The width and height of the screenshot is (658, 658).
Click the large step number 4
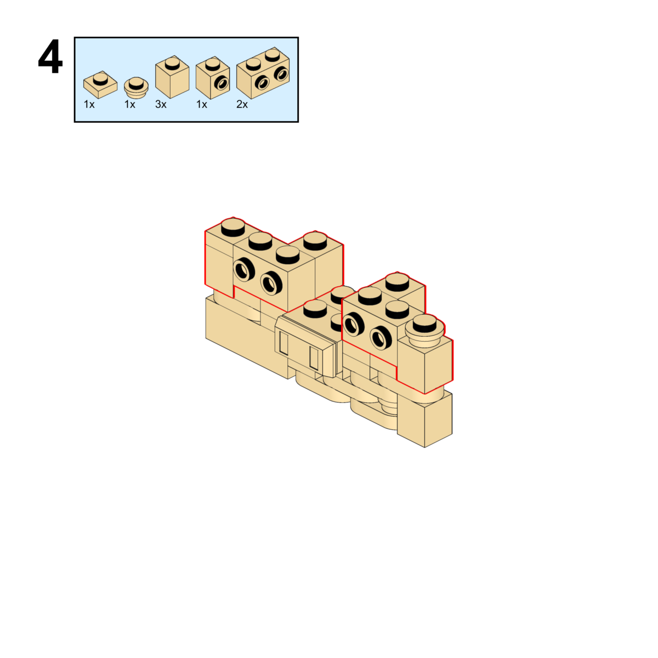coord(50,58)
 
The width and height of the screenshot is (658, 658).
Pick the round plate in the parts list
coord(137,88)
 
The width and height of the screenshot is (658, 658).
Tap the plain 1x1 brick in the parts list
coord(172,77)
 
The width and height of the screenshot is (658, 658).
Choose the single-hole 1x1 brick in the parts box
coord(213,78)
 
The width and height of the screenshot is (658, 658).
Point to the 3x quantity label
coord(161,104)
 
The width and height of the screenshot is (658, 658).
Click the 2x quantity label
coord(242,104)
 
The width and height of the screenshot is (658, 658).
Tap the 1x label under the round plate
coord(129,104)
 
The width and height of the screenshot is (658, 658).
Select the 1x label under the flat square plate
coord(89,104)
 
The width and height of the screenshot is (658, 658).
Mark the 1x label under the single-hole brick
coord(202,104)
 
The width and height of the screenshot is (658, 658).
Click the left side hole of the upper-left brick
coord(242,269)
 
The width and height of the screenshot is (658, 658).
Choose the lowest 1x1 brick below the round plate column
coord(425,419)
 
